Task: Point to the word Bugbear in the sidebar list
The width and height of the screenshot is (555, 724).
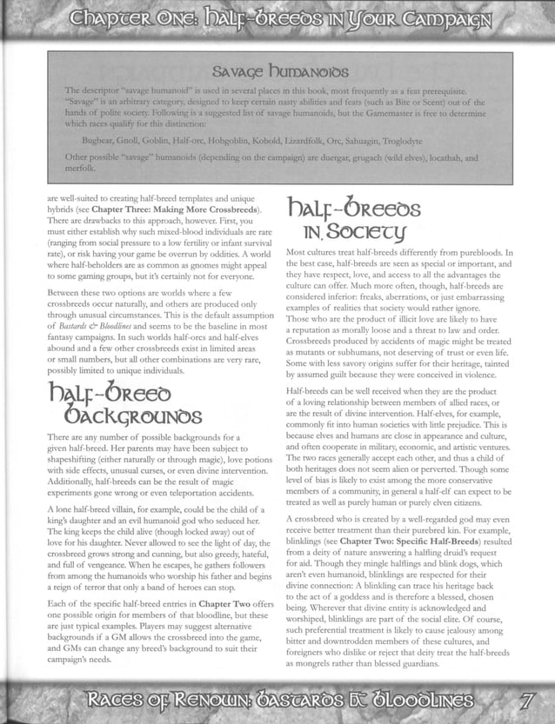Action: [99, 138]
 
